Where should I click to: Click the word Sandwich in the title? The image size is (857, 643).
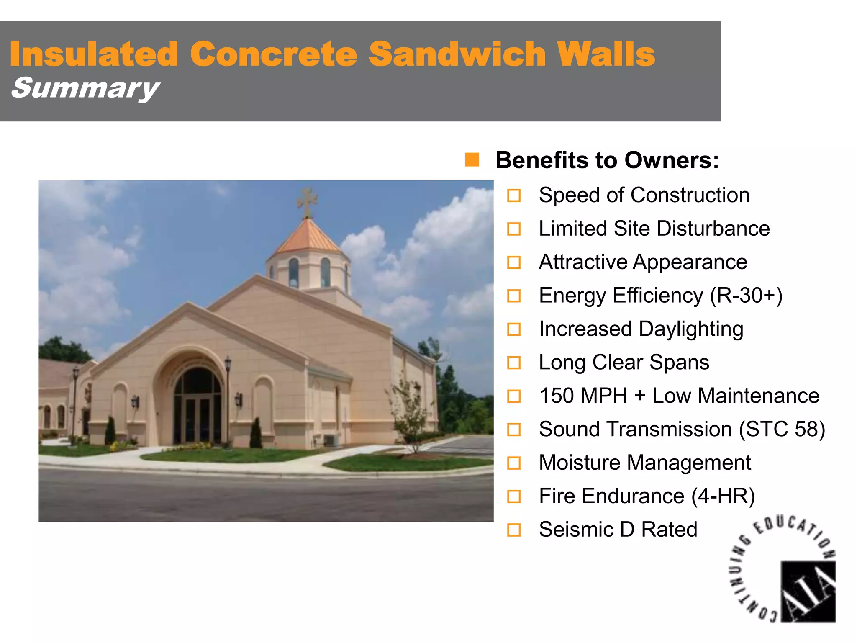(x=457, y=54)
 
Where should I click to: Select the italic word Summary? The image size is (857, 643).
(x=85, y=88)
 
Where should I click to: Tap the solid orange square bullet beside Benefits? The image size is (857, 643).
(x=472, y=160)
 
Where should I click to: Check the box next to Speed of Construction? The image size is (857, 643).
(x=513, y=195)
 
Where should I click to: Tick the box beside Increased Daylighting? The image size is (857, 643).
(x=513, y=329)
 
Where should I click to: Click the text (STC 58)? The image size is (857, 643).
(x=782, y=430)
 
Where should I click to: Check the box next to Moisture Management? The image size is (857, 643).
(x=513, y=463)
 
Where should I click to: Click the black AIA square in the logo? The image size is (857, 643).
(x=808, y=591)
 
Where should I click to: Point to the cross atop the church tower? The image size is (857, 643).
(x=307, y=202)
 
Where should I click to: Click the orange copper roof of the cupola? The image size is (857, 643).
(x=308, y=237)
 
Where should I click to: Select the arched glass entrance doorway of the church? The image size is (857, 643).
(x=198, y=406)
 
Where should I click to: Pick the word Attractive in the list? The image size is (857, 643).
(x=583, y=262)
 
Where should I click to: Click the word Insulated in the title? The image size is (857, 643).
(x=94, y=54)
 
